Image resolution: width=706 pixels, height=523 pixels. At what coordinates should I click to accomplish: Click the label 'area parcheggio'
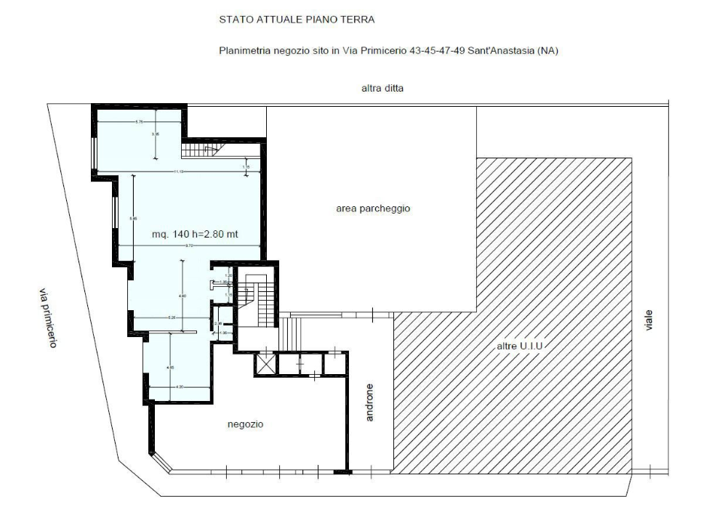374,208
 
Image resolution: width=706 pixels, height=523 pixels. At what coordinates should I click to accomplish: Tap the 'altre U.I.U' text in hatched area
521,347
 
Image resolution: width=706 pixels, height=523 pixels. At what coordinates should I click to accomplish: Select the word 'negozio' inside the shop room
245,424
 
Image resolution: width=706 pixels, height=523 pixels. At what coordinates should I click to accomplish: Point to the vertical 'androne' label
369,402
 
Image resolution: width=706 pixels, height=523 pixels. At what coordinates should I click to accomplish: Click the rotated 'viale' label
649,320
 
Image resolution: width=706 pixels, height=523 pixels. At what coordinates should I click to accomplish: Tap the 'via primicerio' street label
47,318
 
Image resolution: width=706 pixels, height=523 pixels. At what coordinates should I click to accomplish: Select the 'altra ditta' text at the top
382,89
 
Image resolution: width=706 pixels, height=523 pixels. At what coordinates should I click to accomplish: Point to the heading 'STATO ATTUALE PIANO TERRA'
297,20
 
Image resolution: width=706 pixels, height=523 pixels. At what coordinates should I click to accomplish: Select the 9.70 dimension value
188,247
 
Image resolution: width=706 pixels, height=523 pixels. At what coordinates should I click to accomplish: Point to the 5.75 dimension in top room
139,121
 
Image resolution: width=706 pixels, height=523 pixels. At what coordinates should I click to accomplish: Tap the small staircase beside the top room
201,150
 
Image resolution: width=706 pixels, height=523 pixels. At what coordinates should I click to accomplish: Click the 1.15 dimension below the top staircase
246,167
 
